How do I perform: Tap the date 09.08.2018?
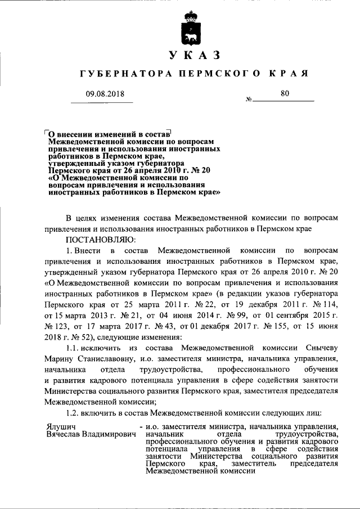click(101, 94)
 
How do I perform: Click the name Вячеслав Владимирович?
click(92, 435)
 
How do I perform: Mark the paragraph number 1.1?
click(75, 348)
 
